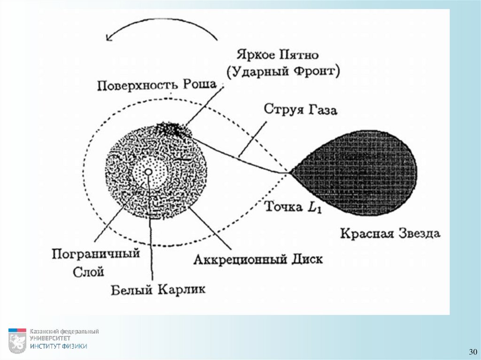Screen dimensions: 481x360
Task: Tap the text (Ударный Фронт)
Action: point(283,71)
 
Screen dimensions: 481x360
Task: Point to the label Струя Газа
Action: point(301,109)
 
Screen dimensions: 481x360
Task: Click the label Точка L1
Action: point(293,207)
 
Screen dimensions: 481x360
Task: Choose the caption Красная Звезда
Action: point(390,233)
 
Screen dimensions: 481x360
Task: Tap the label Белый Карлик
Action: point(158,289)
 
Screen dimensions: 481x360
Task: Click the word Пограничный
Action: point(96,253)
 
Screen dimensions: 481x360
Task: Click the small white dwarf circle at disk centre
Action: point(148,172)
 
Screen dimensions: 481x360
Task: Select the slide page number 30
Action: point(472,352)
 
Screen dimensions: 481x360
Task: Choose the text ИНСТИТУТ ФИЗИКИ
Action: point(59,346)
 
